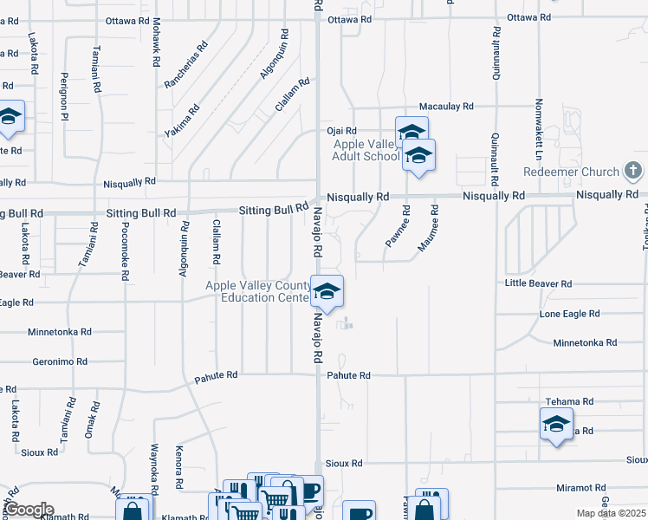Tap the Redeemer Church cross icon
point(633,170)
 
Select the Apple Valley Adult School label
point(366,150)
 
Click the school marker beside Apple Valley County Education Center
point(327,292)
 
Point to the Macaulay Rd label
point(446,106)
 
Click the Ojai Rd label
point(341,131)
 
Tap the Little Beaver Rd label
point(539,283)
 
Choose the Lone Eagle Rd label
point(569,314)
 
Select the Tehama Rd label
point(569,402)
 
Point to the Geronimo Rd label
point(60,361)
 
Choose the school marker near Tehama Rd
point(555,425)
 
